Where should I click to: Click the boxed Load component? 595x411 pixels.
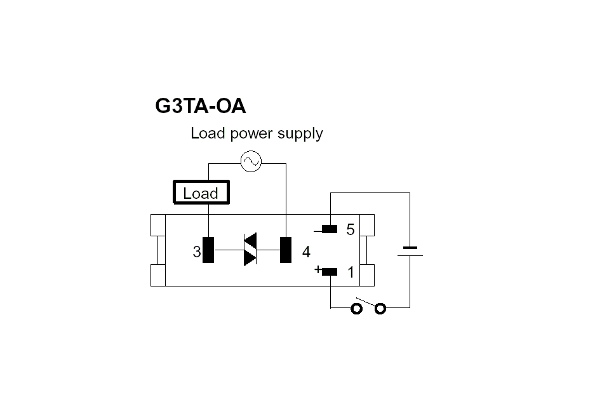coord(201,193)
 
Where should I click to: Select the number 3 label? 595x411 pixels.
coord(197,252)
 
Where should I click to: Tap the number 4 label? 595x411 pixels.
coord(306,252)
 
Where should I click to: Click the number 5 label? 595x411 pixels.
coord(351,230)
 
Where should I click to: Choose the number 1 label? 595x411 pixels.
coord(351,273)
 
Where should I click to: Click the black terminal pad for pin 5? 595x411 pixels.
coord(329,229)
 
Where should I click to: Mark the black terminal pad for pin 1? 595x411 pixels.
coord(329,272)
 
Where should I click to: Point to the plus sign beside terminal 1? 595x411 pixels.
coord(318,269)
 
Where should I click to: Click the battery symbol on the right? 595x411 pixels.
coord(410,252)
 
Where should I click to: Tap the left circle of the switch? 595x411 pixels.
coord(357,308)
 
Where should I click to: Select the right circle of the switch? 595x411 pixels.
coord(380,308)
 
